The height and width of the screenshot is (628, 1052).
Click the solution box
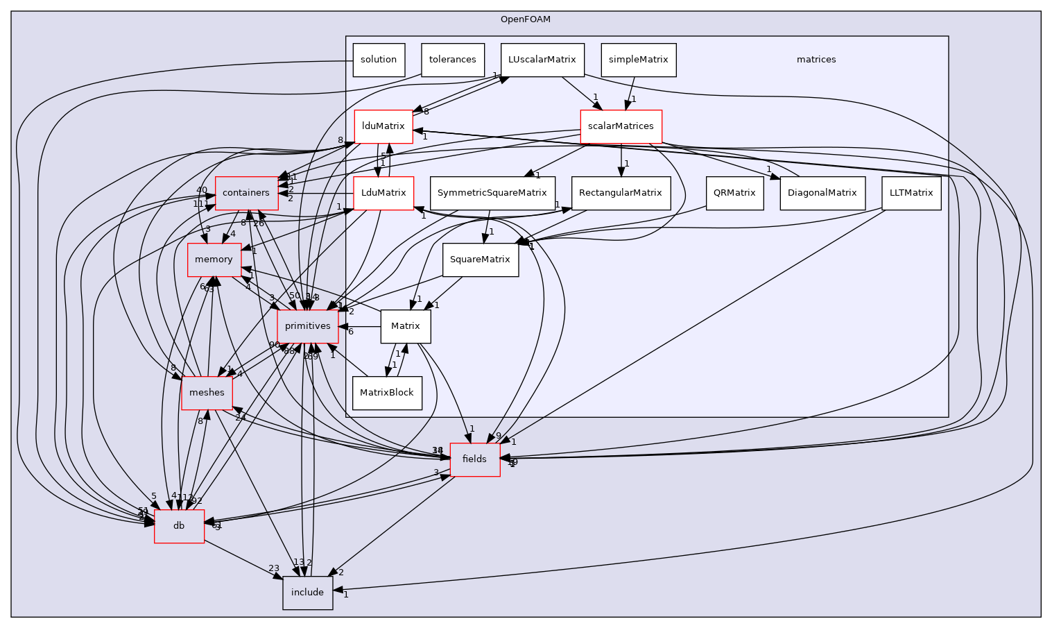click(x=378, y=60)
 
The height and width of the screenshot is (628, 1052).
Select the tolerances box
click(x=452, y=60)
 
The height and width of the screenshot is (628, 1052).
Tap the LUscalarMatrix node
click(x=542, y=60)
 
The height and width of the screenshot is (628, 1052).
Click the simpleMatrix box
click(x=638, y=60)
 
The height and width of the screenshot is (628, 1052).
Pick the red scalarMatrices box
click(x=621, y=126)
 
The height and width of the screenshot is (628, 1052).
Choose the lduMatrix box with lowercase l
click(x=383, y=126)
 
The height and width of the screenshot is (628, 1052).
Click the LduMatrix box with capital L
click(x=383, y=193)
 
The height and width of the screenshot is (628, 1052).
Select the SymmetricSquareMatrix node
click(x=492, y=193)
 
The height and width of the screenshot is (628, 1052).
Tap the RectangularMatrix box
click(x=621, y=193)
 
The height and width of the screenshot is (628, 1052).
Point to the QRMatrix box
click(x=734, y=193)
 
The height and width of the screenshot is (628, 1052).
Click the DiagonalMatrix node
click(x=822, y=193)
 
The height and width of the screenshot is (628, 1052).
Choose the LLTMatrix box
click(x=911, y=193)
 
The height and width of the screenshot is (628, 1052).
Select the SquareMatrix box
click(x=480, y=260)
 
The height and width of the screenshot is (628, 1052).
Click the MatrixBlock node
click(x=387, y=393)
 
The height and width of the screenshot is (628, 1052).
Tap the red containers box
click(x=246, y=193)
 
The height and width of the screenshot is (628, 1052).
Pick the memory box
click(x=214, y=260)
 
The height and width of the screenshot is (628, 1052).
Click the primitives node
click(x=308, y=326)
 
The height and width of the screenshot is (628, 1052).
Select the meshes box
click(x=207, y=393)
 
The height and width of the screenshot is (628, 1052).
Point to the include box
click(x=307, y=593)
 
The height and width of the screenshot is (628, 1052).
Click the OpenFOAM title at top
click(x=525, y=19)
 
